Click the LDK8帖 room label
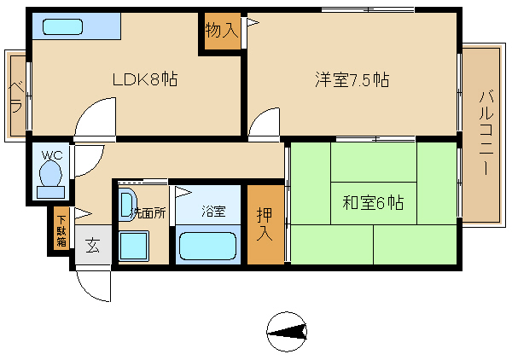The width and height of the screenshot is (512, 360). coord(145,79)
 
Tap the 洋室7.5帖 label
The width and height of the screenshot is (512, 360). coord(352,79)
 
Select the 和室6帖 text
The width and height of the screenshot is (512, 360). coord(373,203)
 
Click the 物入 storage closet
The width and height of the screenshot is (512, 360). coord(223,32)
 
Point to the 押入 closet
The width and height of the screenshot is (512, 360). coord(265,224)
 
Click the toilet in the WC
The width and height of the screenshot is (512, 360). coord(50,179)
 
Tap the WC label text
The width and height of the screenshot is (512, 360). coord(52,155)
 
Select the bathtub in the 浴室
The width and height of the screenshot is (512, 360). coord(207,246)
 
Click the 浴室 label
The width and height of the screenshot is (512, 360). coord(213,212)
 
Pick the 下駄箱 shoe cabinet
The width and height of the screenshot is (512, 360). coord(61,231)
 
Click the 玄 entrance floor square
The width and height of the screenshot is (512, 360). coord(93,245)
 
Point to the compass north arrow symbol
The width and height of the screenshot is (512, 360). coord(287,332)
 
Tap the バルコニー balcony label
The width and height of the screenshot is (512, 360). coord(486,133)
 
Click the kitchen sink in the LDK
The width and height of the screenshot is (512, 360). coord(62,26)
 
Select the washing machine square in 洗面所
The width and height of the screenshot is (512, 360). coord(134,246)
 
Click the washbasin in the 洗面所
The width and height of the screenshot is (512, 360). coord(126,206)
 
